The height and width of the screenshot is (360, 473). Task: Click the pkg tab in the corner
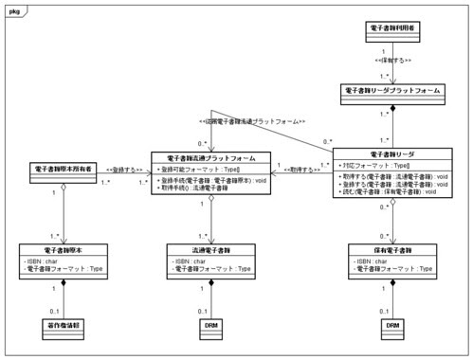13,8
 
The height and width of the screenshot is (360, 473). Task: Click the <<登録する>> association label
124,170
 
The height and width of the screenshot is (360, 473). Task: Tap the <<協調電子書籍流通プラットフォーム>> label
249,121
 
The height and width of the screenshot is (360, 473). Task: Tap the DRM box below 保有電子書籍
391,323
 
